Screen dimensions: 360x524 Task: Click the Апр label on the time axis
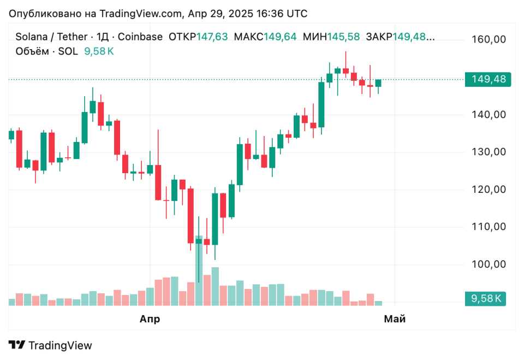click(150, 319)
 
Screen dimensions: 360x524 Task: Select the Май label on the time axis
click(395, 319)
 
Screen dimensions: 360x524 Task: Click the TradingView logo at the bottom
click(50, 345)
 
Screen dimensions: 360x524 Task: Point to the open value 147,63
click(212, 37)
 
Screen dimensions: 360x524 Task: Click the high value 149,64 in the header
click(280, 37)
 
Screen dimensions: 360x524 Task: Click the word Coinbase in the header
click(140, 37)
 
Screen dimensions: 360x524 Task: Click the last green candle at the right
click(378, 83)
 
